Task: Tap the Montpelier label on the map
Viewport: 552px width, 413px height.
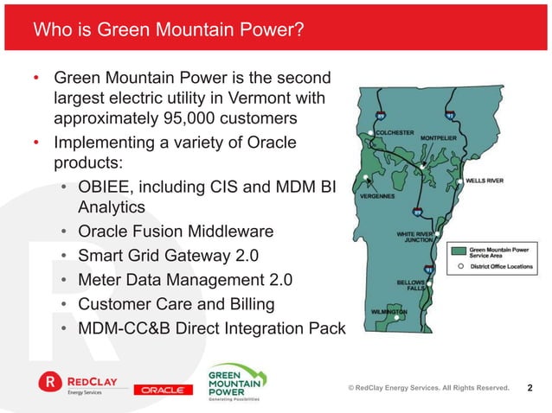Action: coord(440,137)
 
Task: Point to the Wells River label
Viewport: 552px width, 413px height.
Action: coord(485,181)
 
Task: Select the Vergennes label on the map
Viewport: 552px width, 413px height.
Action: coord(377,195)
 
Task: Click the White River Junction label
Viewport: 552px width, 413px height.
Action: coord(414,237)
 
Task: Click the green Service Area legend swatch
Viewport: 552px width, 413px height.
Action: coord(459,252)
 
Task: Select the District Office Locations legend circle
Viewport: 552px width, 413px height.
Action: coord(459,267)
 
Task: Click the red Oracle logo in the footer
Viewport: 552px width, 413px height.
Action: coord(162,390)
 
